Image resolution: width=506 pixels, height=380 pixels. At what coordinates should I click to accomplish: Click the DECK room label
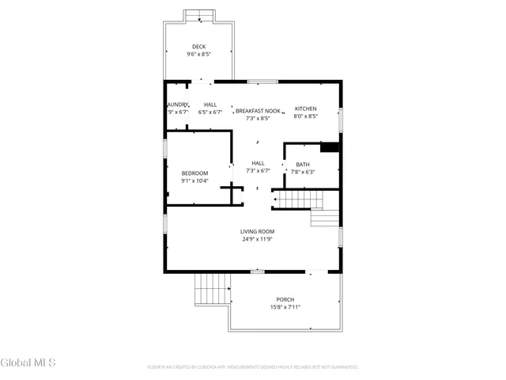pyautogui.click(x=198, y=47)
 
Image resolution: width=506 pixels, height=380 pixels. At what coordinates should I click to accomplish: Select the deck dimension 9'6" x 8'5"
pyautogui.click(x=198, y=55)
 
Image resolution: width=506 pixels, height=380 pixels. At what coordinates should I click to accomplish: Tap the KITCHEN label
pyautogui.click(x=305, y=108)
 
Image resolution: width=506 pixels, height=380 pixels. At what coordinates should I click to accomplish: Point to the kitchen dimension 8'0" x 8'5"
pyautogui.click(x=305, y=116)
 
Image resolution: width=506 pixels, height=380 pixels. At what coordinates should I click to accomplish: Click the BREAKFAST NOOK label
pyautogui.click(x=258, y=111)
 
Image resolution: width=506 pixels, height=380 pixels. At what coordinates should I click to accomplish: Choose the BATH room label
pyautogui.click(x=303, y=165)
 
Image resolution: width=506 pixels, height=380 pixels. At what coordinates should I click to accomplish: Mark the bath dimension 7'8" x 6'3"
pyautogui.click(x=303, y=172)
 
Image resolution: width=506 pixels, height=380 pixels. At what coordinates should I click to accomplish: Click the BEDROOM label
pyautogui.click(x=194, y=173)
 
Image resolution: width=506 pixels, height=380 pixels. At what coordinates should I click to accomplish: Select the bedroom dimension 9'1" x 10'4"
pyautogui.click(x=194, y=181)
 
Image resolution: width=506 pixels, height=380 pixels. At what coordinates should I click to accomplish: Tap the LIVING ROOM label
pyautogui.click(x=258, y=231)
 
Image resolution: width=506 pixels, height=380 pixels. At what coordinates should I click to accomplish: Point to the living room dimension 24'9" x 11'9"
pyautogui.click(x=258, y=239)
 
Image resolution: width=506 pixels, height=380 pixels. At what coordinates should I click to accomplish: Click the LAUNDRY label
pyautogui.click(x=177, y=104)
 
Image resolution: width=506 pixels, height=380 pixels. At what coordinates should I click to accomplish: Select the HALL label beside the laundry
pyautogui.click(x=210, y=104)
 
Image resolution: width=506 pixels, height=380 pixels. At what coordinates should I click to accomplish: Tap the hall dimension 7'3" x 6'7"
pyautogui.click(x=258, y=170)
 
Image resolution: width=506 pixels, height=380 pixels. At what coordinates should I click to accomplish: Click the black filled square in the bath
pyautogui.click(x=329, y=147)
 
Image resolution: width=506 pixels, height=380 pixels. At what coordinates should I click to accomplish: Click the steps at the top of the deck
pyautogui.click(x=199, y=17)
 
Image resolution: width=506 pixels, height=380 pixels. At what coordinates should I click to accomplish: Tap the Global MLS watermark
pyautogui.click(x=28, y=363)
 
